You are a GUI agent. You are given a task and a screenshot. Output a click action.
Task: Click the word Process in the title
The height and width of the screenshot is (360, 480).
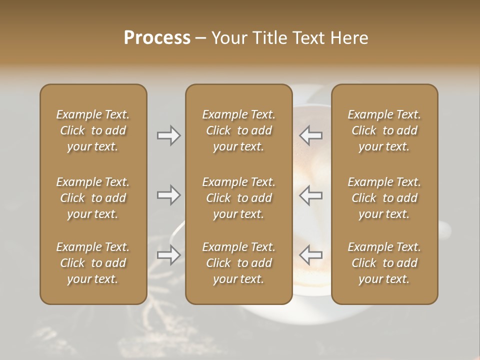coord(157,38)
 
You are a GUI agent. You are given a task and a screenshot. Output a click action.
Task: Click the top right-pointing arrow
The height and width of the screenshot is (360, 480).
coord(168,135)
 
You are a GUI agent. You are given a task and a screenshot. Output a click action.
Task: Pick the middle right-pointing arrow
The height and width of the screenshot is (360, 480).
coord(168,195)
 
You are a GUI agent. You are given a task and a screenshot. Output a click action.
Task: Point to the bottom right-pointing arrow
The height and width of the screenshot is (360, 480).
coord(168,255)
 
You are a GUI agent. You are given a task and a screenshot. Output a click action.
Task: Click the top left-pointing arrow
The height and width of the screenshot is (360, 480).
coord(311,135)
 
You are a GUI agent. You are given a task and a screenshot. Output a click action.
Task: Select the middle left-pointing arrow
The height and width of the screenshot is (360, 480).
coord(311,195)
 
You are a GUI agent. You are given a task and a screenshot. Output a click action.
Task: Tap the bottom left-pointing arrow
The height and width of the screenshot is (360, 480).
coord(311,255)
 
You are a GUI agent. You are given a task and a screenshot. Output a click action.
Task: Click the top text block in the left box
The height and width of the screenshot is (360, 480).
coord(93,130)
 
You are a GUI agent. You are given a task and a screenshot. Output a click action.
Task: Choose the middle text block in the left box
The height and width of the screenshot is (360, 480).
coord(93,198)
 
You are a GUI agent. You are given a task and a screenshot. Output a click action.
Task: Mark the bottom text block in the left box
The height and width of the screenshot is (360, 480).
coord(93,263)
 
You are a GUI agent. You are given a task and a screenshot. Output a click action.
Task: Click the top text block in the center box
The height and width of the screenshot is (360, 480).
coord(238,130)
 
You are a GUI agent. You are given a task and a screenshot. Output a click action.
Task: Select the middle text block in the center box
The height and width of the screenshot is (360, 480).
coord(238,198)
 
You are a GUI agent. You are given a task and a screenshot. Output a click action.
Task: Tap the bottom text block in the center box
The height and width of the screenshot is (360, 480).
coord(238,263)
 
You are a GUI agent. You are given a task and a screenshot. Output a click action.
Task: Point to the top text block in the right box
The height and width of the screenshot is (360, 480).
coord(384,130)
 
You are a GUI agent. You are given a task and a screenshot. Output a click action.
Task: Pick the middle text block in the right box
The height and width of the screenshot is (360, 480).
coord(384,198)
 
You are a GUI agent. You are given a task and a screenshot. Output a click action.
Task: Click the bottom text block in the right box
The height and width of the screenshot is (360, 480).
coord(384,263)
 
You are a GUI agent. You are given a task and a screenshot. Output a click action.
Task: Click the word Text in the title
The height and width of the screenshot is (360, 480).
coord(308,38)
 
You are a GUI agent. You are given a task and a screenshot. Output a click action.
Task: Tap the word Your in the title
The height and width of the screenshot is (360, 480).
coord(228,38)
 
